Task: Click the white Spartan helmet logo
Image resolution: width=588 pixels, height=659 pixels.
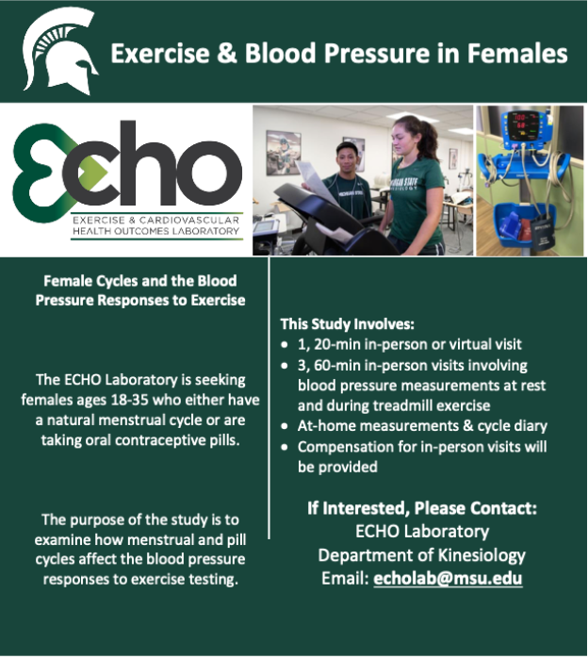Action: click(x=58, y=52)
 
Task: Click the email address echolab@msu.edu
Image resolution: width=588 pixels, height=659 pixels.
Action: click(x=448, y=578)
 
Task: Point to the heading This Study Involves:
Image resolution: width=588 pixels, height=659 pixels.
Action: click(x=347, y=324)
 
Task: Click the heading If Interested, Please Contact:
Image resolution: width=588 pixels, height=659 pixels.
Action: click(x=422, y=508)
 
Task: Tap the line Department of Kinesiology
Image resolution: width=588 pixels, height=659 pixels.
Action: click(x=422, y=554)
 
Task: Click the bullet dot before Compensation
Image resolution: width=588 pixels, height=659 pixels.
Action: click(x=286, y=447)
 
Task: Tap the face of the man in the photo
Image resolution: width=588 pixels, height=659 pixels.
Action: click(x=349, y=154)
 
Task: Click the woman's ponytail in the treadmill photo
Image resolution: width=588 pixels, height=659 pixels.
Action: click(x=433, y=141)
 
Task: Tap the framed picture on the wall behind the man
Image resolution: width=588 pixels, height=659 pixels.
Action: click(x=283, y=151)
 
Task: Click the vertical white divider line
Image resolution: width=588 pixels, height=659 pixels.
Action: click(x=269, y=396)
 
